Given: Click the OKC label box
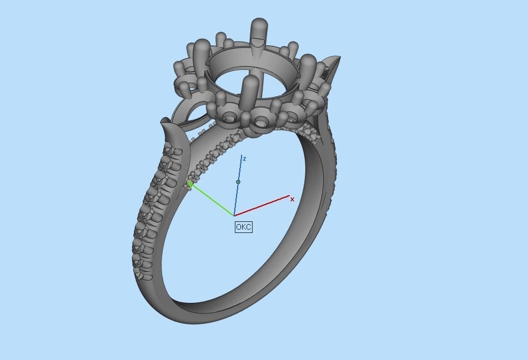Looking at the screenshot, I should (243, 227).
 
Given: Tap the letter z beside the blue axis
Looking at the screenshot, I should (244, 159).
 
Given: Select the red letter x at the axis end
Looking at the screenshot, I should (293, 199).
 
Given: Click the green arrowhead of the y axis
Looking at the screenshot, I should (190, 184).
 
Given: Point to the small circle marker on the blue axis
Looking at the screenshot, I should (238, 182).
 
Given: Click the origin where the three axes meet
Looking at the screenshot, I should (234, 215).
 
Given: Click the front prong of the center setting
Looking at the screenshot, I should (250, 92).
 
